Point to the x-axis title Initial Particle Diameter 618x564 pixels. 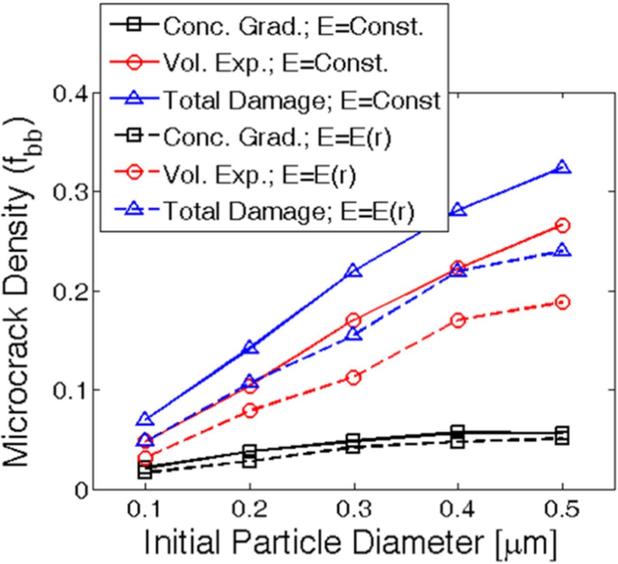coord(350,543)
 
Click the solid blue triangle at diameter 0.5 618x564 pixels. coord(562,168)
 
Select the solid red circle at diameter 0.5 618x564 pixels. coord(562,226)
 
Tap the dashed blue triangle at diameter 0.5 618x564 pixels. coord(562,251)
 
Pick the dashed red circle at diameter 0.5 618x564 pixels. coord(562,303)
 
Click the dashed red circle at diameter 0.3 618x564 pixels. coord(354,378)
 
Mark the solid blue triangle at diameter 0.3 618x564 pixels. coord(354,271)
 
